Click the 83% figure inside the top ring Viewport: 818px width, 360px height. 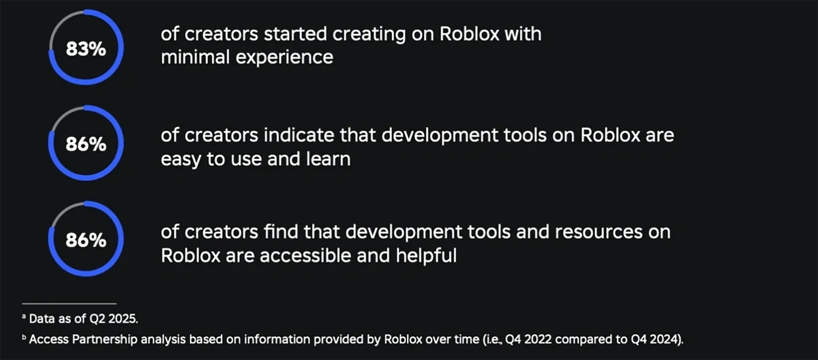tap(86, 48)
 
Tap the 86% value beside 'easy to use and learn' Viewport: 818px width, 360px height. tap(86, 144)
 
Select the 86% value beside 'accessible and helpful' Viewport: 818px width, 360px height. tap(86, 240)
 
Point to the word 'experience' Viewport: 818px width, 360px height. tap(284, 58)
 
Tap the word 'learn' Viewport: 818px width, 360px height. tap(329, 158)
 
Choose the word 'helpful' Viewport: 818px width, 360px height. tap(426, 255)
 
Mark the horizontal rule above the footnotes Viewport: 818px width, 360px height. tap(69, 303)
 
